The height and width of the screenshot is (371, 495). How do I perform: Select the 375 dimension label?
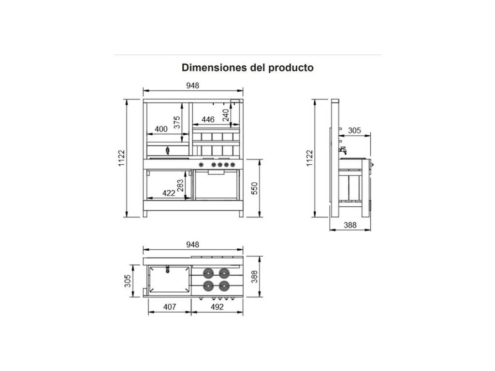click(177, 122)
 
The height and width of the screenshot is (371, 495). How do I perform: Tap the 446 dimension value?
click(208, 119)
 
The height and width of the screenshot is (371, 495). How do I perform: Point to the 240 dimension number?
click(225, 114)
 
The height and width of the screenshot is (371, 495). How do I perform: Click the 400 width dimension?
click(160, 129)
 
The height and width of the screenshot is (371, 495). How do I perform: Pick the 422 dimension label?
click(168, 193)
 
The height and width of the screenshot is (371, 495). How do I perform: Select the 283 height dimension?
click(181, 185)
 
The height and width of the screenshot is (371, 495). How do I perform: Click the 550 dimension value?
click(255, 188)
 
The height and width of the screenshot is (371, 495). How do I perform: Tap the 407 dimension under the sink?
click(169, 307)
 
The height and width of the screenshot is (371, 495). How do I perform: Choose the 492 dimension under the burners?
click(217, 307)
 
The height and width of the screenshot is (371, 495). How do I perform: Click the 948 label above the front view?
click(193, 86)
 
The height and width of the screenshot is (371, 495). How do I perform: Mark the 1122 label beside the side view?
click(309, 158)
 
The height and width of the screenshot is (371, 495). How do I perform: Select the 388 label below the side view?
click(350, 225)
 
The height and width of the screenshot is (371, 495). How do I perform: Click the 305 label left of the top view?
click(128, 281)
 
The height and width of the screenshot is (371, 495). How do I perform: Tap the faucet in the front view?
click(168, 150)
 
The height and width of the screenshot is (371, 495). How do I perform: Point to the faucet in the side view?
click(343, 150)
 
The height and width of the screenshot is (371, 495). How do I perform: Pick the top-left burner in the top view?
click(209, 272)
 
